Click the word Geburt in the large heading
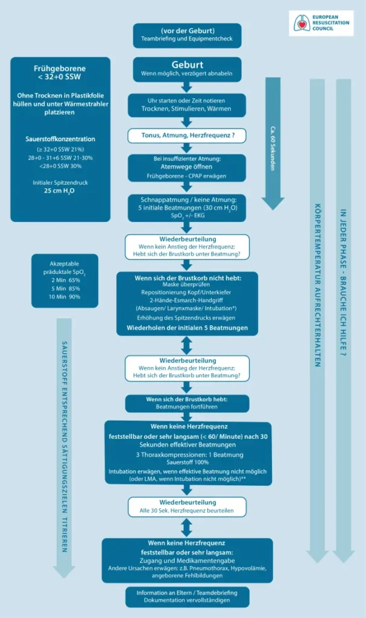coord(187,65)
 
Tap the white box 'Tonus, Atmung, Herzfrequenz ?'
coord(187,136)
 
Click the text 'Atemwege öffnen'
coord(187,168)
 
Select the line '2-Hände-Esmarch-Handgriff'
coord(187,300)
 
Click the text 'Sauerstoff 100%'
coord(187,462)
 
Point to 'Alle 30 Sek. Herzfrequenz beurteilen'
coord(187,512)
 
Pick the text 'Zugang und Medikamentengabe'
coord(187,561)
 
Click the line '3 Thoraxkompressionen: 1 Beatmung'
coord(187,454)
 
